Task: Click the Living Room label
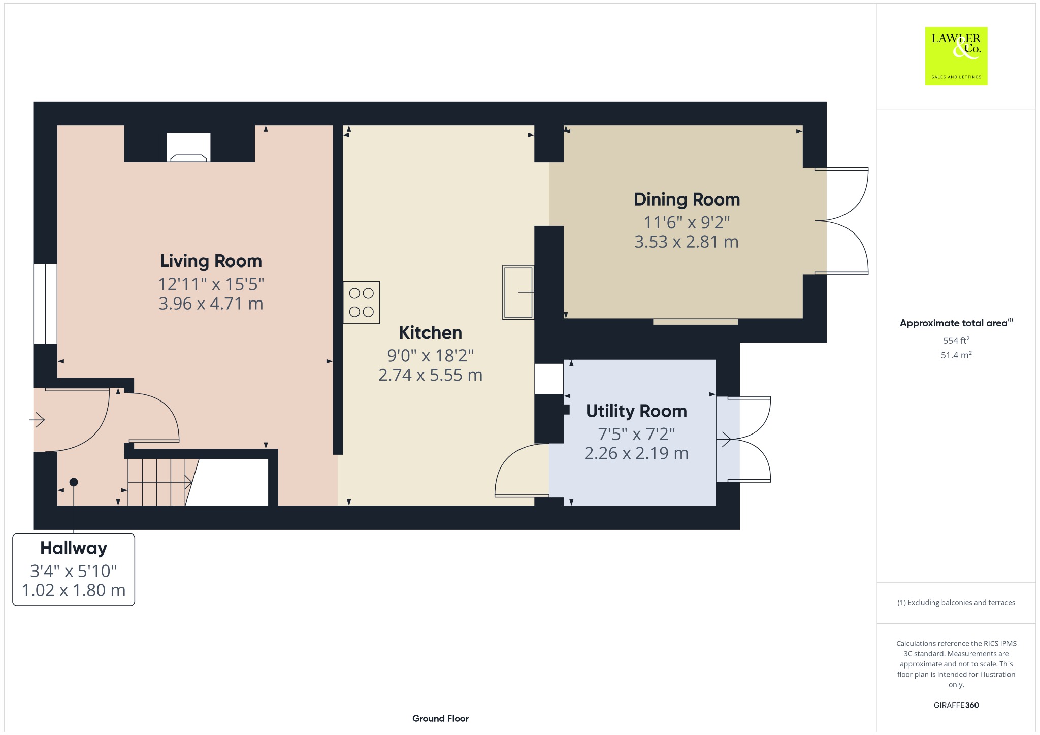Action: [x=211, y=261]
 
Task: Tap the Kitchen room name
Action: [x=431, y=332]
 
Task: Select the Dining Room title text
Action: [x=687, y=199]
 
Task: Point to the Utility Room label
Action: [x=636, y=411]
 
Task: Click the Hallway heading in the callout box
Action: [x=74, y=548]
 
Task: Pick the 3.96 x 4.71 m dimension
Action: [x=211, y=304]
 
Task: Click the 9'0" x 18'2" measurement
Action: [x=431, y=355]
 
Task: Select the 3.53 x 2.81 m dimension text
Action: [x=687, y=242]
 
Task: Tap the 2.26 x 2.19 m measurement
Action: [x=636, y=453]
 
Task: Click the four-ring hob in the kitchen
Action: [x=362, y=303]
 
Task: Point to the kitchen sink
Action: [x=518, y=292]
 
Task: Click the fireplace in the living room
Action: [x=188, y=147]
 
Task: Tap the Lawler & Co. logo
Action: [x=956, y=56]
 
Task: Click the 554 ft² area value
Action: [x=956, y=340]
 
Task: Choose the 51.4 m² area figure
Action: [x=956, y=355]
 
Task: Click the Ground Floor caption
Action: [x=440, y=718]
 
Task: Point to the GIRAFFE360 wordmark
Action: [x=956, y=705]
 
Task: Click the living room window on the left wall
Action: [x=45, y=304]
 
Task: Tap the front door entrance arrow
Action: [x=38, y=420]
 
